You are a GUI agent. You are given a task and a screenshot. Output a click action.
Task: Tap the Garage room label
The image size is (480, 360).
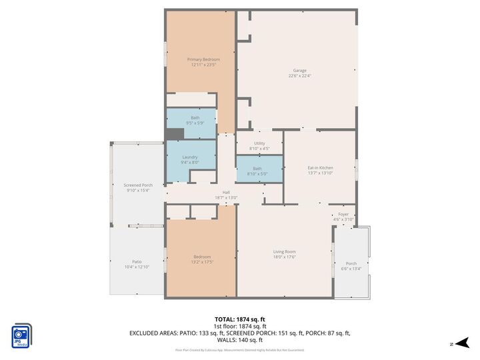[300, 70]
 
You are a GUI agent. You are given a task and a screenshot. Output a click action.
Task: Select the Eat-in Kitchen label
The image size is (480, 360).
[320, 167]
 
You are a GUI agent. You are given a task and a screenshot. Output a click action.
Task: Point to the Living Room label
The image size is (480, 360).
[284, 251]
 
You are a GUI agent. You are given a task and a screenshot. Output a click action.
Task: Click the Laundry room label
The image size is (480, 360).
[190, 157]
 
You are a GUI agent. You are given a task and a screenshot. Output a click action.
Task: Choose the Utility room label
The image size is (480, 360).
[259, 143]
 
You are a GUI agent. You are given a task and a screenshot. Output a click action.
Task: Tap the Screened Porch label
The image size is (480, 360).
[138, 185]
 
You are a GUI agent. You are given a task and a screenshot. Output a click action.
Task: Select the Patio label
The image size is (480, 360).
[136, 261]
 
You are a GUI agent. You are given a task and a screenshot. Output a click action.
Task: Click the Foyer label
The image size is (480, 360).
[343, 214]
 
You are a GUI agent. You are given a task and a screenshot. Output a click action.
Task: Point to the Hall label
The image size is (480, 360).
[226, 192]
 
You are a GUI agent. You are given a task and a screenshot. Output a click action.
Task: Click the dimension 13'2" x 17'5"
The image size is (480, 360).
[202, 262]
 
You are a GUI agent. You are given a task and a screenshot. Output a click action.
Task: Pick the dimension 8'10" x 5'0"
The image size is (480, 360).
[257, 174]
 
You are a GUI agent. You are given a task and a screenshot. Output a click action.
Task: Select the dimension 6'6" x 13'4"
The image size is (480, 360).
[351, 269]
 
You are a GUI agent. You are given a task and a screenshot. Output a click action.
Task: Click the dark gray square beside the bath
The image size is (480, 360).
[174, 134]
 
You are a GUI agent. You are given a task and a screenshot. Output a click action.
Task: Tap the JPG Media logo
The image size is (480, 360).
[21, 335]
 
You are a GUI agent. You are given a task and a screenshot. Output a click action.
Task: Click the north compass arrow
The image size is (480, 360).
[454, 343]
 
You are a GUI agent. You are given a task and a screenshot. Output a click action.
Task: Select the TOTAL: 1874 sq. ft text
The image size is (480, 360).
[240, 319]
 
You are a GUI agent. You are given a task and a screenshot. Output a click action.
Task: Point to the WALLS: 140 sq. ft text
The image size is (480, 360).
[240, 339]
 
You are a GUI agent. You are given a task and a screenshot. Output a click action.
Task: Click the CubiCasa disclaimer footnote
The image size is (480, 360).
[240, 349]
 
